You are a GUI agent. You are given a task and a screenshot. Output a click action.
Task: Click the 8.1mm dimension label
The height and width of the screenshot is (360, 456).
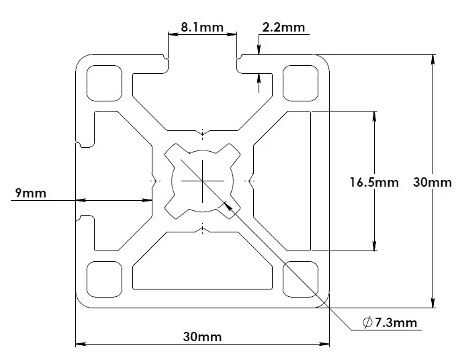coord(202,28)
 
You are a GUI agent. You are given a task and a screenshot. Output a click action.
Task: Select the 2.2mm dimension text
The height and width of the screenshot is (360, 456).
coord(283,28)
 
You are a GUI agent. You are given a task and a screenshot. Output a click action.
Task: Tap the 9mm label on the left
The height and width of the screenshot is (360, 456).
coord(30,193)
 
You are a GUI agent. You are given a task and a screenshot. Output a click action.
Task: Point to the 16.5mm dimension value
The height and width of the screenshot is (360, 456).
coord(374,181)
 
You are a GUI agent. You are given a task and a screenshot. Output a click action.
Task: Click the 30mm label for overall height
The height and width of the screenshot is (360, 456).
coord(432,181)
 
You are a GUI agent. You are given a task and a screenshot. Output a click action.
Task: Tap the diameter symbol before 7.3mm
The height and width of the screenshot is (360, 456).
coord(367,323)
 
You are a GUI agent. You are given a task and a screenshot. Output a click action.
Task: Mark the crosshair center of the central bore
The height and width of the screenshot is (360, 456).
coord(202,181)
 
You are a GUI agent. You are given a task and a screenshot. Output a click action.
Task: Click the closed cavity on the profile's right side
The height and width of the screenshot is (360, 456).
coord(282,181)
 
